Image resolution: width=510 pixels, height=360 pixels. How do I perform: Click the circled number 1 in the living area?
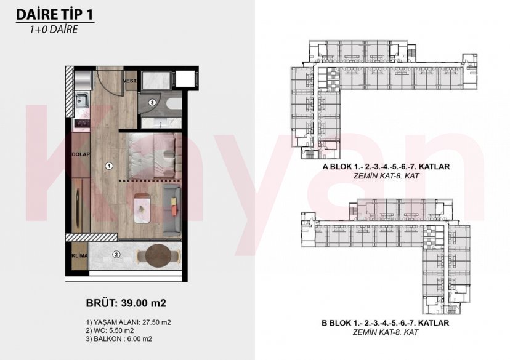(108, 165)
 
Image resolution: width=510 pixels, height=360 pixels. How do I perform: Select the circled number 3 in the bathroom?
(152, 102)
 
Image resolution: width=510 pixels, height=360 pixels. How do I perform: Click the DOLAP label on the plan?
(81, 156)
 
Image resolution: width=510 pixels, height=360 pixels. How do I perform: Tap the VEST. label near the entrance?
(129, 81)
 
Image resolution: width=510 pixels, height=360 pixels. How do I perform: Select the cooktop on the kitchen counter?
(81, 123)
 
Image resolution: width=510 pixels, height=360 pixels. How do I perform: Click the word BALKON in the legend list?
(108, 338)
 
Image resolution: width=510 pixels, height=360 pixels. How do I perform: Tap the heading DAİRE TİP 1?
(55, 14)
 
